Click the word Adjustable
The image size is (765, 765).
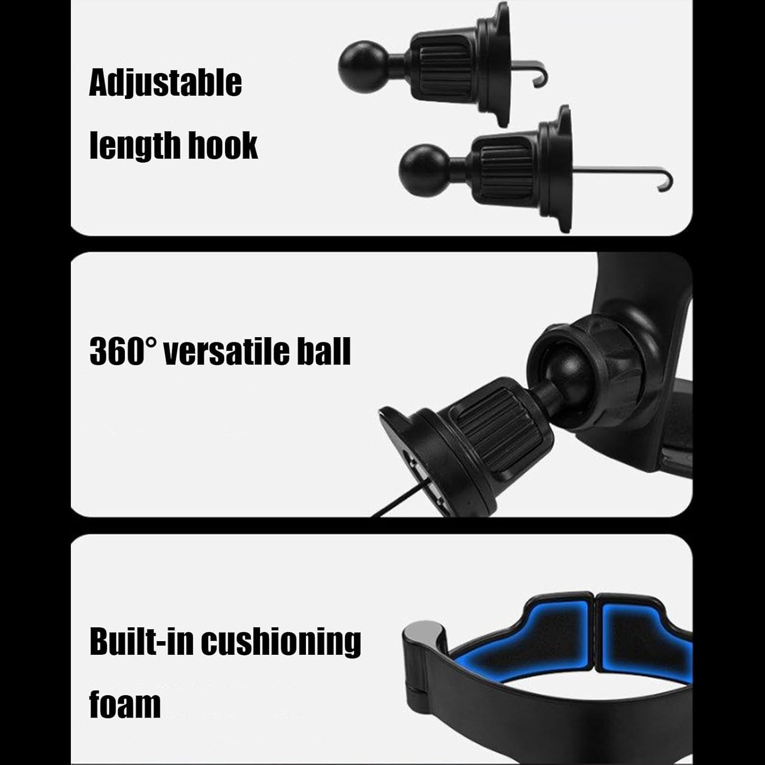point(165,83)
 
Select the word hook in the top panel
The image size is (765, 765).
point(223,145)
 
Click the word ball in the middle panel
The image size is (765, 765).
point(324,352)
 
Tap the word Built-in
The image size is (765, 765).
point(141,642)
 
